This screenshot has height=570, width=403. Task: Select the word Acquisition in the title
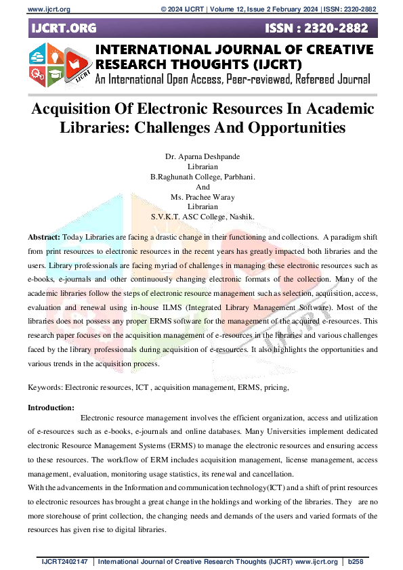coord(77,109)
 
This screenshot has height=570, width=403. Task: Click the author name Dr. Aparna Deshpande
coord(202,156)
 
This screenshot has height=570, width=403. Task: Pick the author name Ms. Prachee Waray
coord(203,197)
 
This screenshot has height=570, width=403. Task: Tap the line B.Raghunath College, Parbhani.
coord(202,177)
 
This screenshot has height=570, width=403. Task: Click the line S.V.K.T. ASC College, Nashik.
coord(203,217)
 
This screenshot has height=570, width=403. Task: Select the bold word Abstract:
coord(44,238)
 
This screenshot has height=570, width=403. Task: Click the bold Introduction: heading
coord(51,408)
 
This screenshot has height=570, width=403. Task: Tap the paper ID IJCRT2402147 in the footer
coord(65,562)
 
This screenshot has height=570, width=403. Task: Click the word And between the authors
coord(203,187)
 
